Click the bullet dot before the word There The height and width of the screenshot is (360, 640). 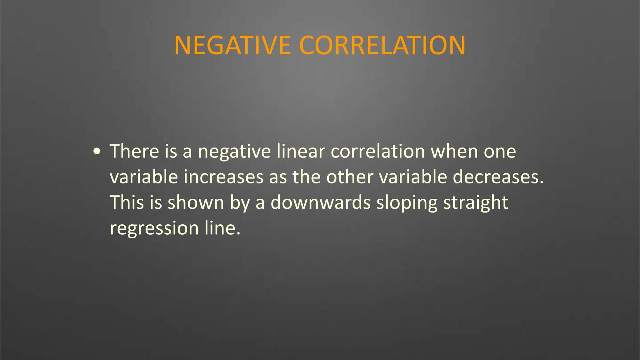point(97,152)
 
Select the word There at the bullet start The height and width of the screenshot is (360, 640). point(134,151)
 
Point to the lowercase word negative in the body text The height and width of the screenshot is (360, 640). point(234,152)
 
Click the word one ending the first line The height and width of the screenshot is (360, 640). point(500,152)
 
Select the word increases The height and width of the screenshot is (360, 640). point(224,177)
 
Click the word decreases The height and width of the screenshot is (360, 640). point(498,177)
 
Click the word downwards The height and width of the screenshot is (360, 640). point(320,202)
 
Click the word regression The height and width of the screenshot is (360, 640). point(154,228)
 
